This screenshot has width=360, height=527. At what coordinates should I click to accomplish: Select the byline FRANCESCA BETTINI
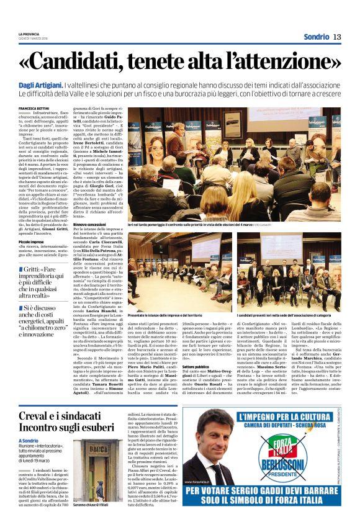click(x=36, y=108)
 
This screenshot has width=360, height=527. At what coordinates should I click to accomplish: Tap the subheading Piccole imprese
click(x=31, y=241)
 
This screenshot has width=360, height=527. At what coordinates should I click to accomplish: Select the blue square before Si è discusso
click(x=20, y=308)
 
